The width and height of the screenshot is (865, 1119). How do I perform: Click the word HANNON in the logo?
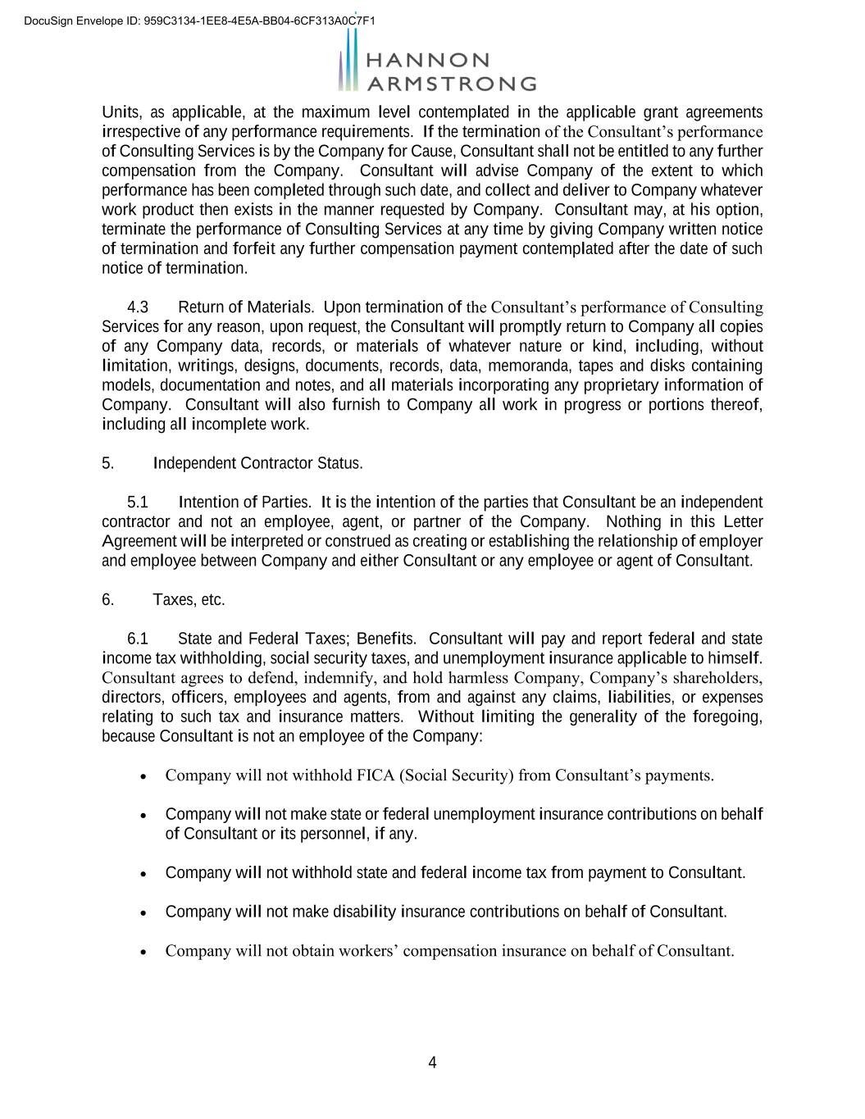pyautogui.click(x=426, y=60)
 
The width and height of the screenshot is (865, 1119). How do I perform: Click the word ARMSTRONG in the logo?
pyautogui.click(x=450, y=84)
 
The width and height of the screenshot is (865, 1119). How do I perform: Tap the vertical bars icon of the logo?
pyautogui.click(x=349, y=61)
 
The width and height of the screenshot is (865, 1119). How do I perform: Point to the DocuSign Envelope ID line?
pyautogui.click(x=200, y=20)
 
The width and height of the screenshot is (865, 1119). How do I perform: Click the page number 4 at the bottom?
pyautogui.click(x=432, y=1063)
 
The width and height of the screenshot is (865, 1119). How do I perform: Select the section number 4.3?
pyautogui.click(x=138, y=307)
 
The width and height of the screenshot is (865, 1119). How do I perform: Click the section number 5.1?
pyautogui.click(x=138, y=502)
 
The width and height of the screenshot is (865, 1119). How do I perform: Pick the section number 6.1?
pyautogui.click(x=138, y=639)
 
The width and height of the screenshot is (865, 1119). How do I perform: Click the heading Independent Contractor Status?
pyautogui.click(x=257, y=463)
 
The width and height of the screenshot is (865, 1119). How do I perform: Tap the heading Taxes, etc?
pyautogui.click(x=189, y=600)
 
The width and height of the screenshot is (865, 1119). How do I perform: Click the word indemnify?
pyautogui.click(x=339, y=678)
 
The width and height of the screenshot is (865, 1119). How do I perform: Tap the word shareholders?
pyautogui.click(x=717, y=678)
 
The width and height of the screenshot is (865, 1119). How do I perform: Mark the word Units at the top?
pyautogui.click(x=120, y=112)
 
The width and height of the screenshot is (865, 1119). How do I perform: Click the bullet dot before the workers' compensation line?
pyautogui.click(x=144, y=953)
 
